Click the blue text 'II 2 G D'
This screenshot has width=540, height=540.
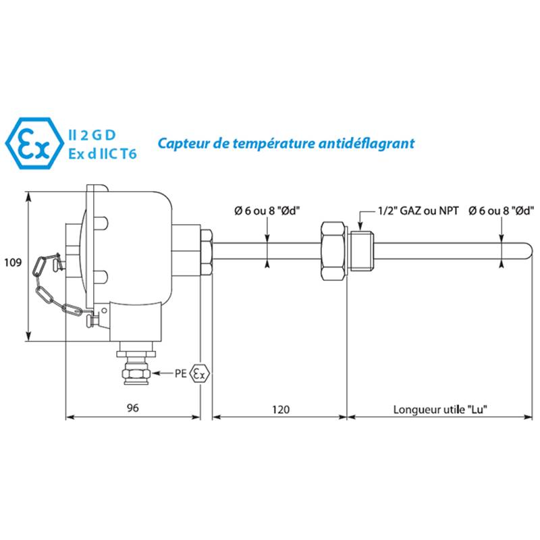92,136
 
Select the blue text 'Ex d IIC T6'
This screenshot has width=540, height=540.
103,154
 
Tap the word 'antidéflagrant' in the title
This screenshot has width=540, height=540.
367,144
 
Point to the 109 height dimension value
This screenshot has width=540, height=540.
13,263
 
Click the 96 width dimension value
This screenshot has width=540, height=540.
132,408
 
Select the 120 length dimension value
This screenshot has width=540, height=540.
281,410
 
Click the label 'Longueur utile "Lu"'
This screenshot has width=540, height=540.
441,410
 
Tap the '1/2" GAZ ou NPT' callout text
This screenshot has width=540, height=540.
418,211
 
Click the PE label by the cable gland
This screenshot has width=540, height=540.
181,373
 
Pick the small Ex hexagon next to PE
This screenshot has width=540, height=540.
200,373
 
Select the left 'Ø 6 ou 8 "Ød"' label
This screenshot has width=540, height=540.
267,211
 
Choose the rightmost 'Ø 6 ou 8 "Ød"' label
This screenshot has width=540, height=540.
501,211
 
